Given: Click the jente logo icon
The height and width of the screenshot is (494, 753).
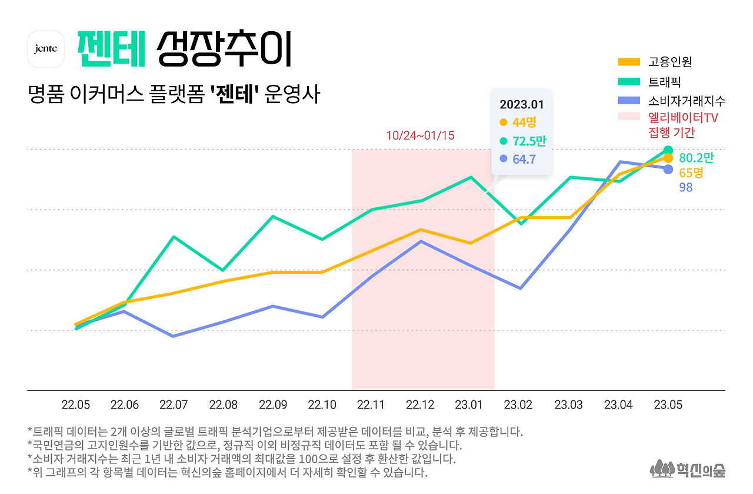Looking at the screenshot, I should [46, 49].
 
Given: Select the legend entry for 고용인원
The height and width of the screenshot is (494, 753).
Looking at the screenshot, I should [670, 62].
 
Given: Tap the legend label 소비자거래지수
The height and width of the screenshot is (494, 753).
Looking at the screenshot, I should [687, 100].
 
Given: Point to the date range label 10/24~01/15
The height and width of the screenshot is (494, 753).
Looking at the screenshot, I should [420, 135].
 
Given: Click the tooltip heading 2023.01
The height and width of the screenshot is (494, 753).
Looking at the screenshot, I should [522, 105].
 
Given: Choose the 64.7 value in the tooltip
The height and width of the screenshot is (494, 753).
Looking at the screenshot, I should [524, 159].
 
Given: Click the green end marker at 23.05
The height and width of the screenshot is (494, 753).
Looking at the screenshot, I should [668, 150].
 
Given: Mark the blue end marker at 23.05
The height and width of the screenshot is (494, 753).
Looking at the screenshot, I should [668, 170].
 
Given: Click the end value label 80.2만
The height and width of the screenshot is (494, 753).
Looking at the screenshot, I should [696, 158].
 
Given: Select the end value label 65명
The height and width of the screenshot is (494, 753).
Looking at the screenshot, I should [691, 173].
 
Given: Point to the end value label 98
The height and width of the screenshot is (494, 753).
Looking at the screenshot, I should [686, 188].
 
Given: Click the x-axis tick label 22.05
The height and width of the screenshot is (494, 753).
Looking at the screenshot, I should [76, 405].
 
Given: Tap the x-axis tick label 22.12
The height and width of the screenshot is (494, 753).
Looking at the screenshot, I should [420, 405].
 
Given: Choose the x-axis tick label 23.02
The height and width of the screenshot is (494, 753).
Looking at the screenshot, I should [519, 405].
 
